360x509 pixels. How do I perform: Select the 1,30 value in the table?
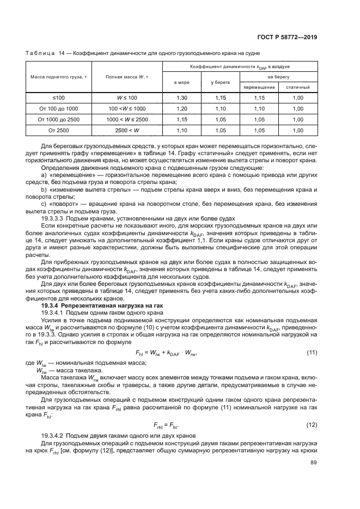tap(182, 97)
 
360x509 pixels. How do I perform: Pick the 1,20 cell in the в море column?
tap(182, 108)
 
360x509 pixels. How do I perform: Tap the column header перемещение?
tap(259, 87)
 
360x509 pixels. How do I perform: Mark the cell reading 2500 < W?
tap(127, 131)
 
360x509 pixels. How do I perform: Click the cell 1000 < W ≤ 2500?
tap(127, 119)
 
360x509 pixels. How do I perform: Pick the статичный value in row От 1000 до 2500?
tap(297, 119)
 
